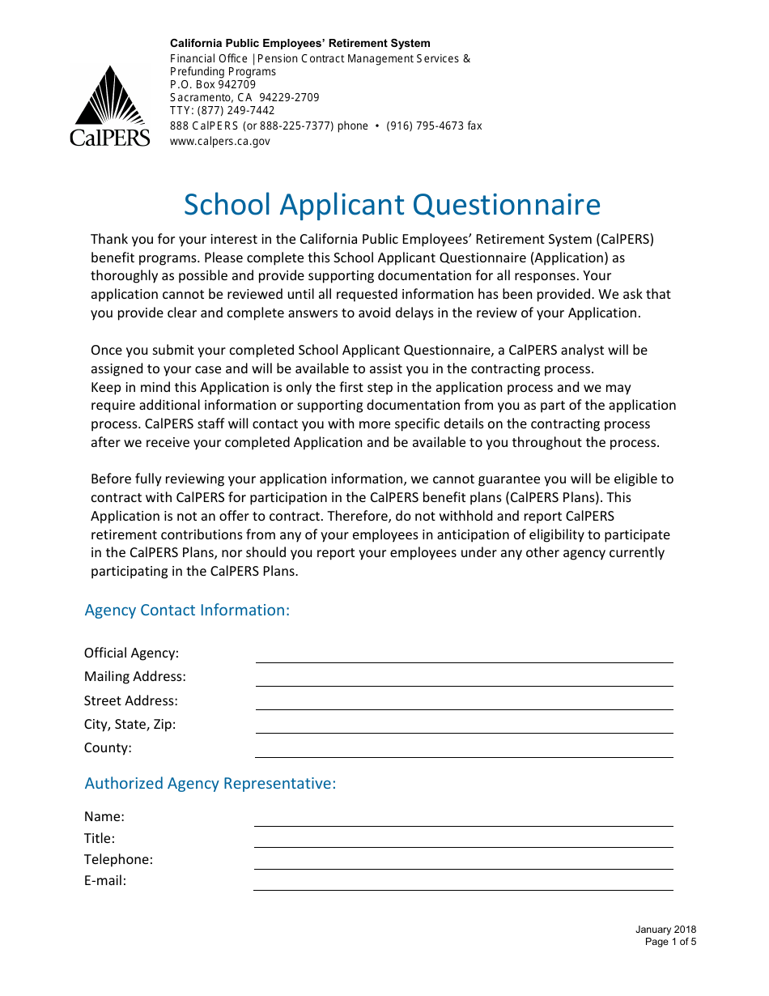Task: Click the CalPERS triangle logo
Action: (x=109, y=105)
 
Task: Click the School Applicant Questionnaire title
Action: (x=392, y=205)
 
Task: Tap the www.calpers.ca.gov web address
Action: (x=219, y=141)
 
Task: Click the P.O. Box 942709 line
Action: (x=212, y=84)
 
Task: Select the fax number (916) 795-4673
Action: (x=434, y=126)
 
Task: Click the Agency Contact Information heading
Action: (x=187, y=611)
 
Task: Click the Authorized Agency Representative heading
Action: (x=210, y=784)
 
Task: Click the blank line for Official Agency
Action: (x=464, y=656)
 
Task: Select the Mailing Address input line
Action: (x=464, y=679)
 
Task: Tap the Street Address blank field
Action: (x=464, y=703)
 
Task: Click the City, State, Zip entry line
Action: (x=464, y=726)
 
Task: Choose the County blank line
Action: (x=464, y=751)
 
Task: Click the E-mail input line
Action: (x=463, y=883)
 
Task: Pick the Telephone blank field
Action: (x=463, y=862)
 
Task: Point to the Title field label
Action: (x=100, y=839)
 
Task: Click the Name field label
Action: (x=104, y=817)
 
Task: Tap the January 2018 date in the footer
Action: (x=665, y=930)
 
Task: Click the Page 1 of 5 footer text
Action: (x=670, y=942)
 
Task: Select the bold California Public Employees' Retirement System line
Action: (x=300, y=44)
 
